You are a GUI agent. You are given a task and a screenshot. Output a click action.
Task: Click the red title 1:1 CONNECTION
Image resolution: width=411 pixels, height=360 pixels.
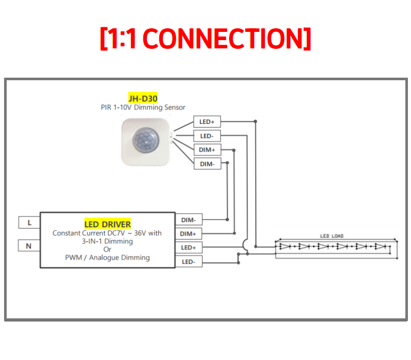[206, 39]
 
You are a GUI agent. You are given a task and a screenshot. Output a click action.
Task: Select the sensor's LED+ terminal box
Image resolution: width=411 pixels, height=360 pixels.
[207, 122]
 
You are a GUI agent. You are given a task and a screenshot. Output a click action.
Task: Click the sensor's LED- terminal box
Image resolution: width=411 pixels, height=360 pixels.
[207, 136]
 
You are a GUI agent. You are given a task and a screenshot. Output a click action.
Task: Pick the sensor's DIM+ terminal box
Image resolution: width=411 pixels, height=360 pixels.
[207, 150]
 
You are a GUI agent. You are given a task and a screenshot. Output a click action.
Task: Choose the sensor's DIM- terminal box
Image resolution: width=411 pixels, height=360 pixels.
[207, 164]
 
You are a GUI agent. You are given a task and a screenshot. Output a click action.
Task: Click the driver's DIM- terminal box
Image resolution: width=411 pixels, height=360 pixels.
[189, 220]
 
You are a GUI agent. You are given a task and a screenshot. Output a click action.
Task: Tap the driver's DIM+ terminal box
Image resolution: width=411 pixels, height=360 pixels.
[189, 234]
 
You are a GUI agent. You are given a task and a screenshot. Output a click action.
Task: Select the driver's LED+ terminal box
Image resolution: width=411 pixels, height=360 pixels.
[189, 247]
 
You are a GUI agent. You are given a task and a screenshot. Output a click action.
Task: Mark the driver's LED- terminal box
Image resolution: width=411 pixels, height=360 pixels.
[189, 262]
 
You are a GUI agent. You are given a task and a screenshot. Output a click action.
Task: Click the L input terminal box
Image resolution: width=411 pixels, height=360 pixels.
[29, 223]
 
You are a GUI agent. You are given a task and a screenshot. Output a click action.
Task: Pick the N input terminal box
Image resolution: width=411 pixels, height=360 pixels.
[29, 246]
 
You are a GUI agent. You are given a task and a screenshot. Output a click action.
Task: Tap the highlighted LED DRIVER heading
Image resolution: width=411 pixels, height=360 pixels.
[107, 224]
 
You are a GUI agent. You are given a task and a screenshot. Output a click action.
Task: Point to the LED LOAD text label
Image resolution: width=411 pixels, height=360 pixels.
[331, 236]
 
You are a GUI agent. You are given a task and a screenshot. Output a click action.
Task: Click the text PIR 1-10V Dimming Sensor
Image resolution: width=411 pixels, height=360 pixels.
[143, 107]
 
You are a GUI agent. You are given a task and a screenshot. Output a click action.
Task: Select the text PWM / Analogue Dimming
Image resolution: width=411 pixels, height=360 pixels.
[107, 258]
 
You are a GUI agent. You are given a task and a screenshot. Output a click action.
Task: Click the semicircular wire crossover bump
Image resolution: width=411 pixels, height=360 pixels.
[246, 246]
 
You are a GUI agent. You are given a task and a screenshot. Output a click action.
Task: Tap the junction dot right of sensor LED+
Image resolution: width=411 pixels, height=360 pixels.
[255, 121]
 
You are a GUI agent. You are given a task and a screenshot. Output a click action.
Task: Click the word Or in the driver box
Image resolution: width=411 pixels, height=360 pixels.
[107, 249]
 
